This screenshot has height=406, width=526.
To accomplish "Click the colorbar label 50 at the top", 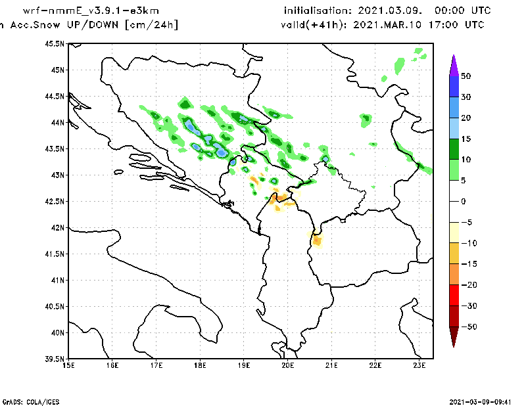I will (466, 76).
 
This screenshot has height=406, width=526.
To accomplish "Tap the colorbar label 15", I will (466, 139).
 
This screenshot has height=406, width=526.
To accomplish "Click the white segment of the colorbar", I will (453, 201).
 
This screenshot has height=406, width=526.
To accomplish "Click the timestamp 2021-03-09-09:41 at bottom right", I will (485, 401).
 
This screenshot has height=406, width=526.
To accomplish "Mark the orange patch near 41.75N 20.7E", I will (318, 241).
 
